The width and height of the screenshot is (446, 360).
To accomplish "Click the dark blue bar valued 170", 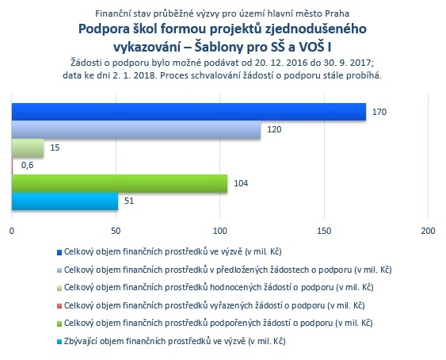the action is [189, 112].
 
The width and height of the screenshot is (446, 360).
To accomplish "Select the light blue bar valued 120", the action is [136, 130].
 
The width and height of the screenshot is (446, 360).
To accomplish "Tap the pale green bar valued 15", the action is [28, 147].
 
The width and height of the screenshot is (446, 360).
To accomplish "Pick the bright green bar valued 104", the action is [120, 183].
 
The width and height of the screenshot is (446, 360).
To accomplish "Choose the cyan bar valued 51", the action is [65, 201].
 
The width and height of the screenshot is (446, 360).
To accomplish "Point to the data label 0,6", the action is [27, 165].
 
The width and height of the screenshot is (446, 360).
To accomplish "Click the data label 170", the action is [379, 112].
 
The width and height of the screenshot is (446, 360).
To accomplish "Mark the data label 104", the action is [241, 183].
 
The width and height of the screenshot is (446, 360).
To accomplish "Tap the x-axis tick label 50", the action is [116, 231].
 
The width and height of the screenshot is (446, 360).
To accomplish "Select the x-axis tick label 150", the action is [324, 231].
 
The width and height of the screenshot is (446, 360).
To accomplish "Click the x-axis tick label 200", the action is [428, 231].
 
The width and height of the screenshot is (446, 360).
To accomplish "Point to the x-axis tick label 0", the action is [12, 231].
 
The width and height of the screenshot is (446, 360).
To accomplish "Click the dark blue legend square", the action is [59, 253].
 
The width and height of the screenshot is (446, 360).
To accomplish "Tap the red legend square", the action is [59, 306].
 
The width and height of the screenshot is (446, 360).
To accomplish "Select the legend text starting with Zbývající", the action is [174, 341].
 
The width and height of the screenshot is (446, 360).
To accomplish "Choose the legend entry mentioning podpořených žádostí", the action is [218, 324].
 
